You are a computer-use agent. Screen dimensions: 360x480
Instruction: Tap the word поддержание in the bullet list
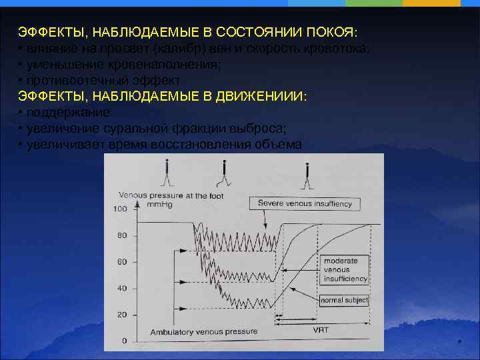click(68, 113)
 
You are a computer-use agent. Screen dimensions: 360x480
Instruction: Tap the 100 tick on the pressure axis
click(120, 209)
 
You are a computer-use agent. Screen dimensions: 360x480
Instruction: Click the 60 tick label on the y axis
click(122, 262)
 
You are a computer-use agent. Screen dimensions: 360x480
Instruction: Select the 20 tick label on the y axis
click(122, 315)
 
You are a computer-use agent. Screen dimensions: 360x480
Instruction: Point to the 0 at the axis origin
click(124, 341)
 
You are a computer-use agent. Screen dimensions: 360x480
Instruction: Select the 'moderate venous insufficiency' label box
click(344, 269)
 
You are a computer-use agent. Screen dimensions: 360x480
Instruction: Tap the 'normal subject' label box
click(344, 301)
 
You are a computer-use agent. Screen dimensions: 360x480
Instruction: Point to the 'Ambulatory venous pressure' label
click(203, 331)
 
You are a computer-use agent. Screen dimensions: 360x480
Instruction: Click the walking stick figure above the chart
click(225, 174)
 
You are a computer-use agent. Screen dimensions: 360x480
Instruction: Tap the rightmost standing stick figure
click(307, 174)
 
